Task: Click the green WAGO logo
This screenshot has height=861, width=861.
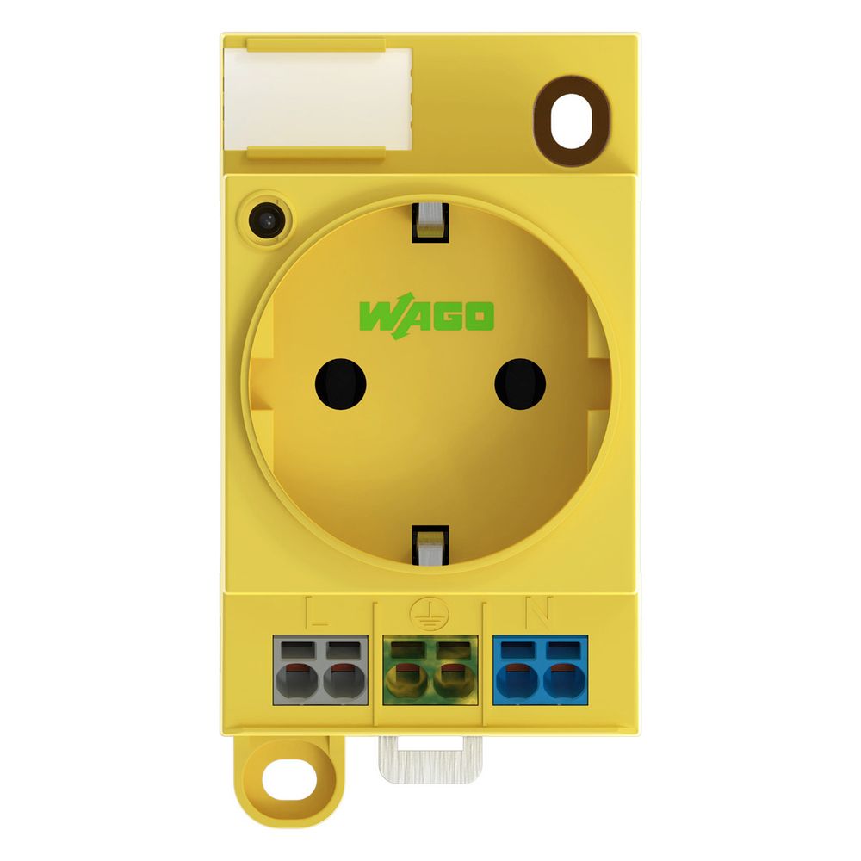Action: point(427,316)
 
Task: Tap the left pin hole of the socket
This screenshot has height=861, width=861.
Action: point(340,384)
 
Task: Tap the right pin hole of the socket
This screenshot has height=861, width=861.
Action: point(520,384)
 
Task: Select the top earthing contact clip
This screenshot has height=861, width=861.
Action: point(430,222)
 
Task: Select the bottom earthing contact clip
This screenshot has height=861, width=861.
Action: point(430,545)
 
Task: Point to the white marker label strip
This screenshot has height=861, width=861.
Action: point(318,98)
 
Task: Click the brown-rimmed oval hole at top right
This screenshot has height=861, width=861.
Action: point(572,121)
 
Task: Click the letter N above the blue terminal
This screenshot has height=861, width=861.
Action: point(539,612)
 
